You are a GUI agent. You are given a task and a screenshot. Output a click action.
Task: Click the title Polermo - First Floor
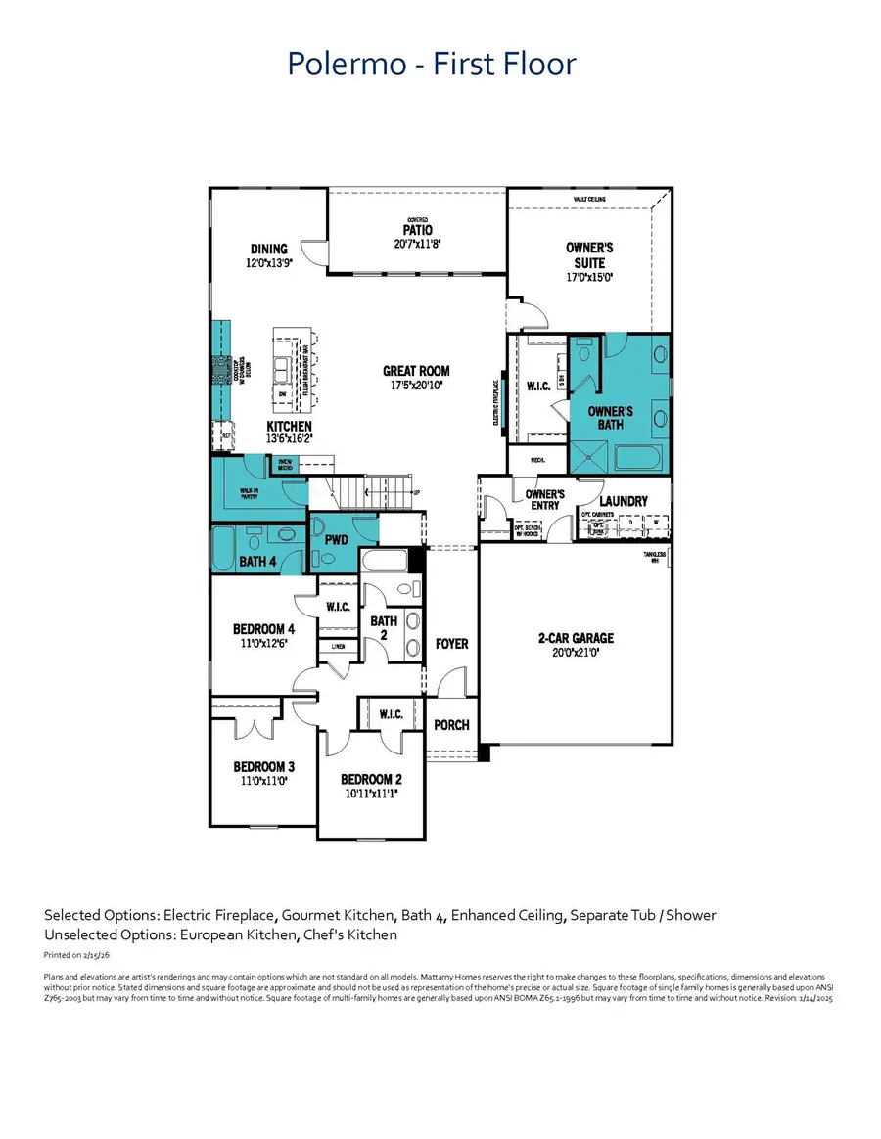(x=432, y=65)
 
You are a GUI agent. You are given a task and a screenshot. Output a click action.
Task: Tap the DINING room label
(x=268, y=250)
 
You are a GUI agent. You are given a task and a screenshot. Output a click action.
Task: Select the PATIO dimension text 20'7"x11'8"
(x=418, y=244)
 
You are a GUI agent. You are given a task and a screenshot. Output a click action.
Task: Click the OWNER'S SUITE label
(x=589, y=255)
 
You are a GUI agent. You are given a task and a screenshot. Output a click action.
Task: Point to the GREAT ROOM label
(x=416, y=371)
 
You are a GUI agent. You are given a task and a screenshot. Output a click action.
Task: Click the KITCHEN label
(x=290, y=427)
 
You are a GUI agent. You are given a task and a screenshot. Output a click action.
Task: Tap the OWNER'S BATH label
(x=610, y=418)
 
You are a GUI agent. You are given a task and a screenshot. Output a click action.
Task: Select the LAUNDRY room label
(x=624, y=501)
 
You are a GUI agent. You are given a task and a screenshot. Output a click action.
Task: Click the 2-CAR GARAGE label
(x=576, y=638)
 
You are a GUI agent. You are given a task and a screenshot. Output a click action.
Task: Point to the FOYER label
(x=451, y=644)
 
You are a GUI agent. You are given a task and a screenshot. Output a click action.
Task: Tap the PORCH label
(x=451, y=725)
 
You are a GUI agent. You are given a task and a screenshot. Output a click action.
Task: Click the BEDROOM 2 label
(x=371, y=780)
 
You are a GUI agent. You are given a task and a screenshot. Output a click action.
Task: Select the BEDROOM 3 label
(x=263, y=766)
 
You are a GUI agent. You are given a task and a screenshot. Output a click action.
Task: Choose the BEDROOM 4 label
(x=263, y=629)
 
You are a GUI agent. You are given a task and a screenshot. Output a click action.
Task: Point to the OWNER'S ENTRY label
(x=544, y=500)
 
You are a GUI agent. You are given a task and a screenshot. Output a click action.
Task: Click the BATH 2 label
(x=384, y=627)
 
